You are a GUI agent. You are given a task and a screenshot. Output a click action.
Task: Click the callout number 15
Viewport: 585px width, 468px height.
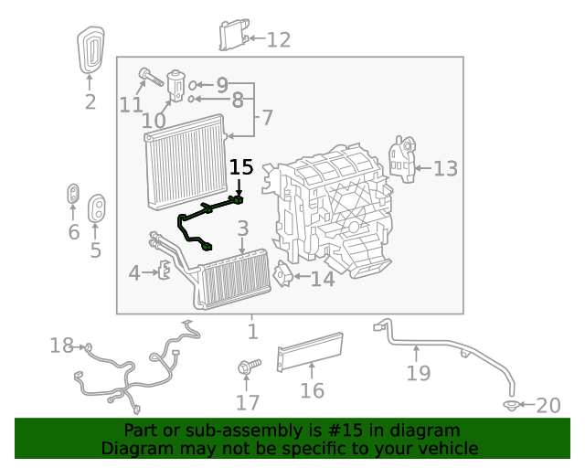pos(241,167)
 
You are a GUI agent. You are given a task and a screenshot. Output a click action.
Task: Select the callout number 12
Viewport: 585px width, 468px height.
pos(278,39)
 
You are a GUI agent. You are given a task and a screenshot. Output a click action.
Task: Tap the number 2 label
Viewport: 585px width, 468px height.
pos(90,102)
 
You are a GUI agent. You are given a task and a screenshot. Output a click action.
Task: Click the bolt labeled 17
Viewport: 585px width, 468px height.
pos(248,366)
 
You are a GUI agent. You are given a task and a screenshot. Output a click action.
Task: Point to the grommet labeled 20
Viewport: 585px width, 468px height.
pos(511,404)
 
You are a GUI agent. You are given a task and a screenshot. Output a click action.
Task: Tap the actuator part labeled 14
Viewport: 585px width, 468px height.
pos(283,276)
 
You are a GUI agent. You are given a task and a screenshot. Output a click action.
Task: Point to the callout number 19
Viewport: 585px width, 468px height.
pos(418,373)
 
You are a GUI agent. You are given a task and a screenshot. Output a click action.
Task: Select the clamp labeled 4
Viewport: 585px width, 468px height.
pos(165,271)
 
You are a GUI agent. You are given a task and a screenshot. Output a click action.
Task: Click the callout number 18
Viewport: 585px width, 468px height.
pos(61,346)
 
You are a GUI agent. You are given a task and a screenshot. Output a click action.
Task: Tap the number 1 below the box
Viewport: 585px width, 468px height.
pos(253,332)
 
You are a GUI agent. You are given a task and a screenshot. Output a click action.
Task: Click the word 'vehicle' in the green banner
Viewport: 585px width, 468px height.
pos(446,448)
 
